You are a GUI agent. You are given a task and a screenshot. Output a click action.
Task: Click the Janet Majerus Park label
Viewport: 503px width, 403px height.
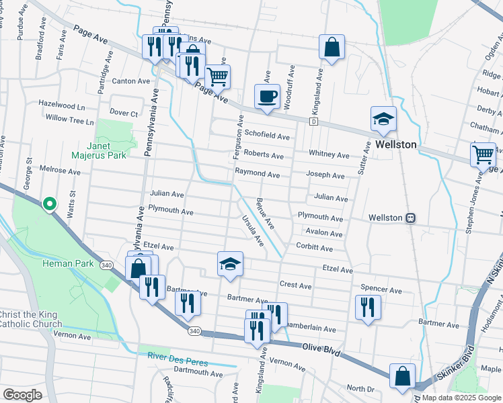107,150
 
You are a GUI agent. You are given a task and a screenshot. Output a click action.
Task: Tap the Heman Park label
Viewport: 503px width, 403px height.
74,264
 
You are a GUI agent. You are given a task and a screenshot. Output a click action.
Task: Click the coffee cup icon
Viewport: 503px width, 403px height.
267,95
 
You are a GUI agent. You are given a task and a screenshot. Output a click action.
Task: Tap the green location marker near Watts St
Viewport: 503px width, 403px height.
49,204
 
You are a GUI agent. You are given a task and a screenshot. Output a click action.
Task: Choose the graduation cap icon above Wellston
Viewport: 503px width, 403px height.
383,119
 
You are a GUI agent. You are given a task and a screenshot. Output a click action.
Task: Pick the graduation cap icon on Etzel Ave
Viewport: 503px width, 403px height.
230,263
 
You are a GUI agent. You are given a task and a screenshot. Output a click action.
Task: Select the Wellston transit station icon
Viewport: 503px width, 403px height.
410,218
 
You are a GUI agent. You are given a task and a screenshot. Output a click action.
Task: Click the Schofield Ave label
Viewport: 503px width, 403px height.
266,136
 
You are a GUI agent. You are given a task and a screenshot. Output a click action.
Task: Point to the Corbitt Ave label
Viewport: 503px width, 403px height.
315,249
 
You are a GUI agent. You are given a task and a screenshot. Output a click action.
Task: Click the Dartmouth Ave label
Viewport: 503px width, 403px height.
197,373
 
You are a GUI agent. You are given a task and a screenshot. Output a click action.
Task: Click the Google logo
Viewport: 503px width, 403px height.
22,395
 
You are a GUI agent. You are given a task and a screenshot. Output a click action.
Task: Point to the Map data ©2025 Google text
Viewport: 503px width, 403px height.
461,398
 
